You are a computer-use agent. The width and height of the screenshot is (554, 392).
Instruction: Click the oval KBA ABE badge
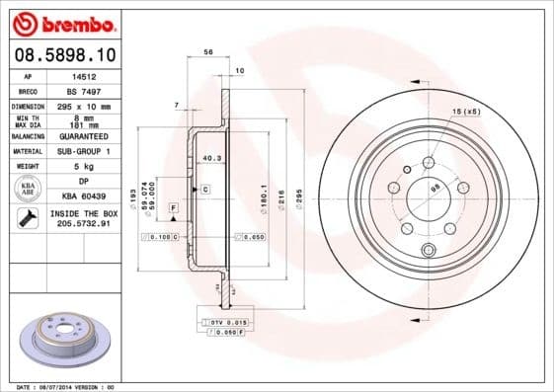pyautogui.click(x=28, y=189)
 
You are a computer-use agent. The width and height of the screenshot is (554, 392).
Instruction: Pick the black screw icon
pyautogui.click(x=28, y=217)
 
